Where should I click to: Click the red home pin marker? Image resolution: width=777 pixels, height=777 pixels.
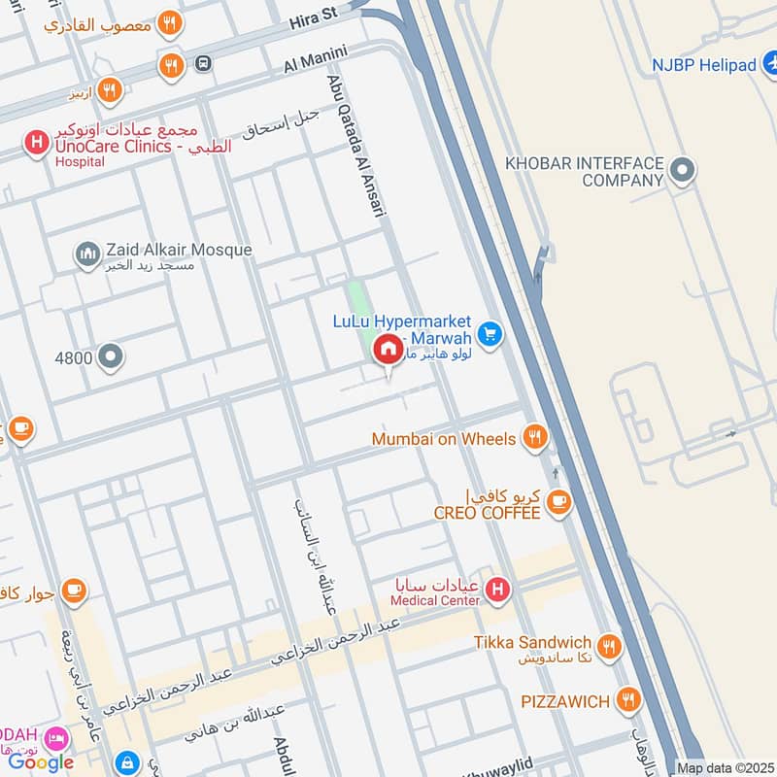click(x=388, y=350)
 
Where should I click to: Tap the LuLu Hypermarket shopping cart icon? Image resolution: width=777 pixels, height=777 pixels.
click(x=490, y=334)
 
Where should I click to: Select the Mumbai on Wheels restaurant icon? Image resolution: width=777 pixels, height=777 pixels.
click(x=533, y=438)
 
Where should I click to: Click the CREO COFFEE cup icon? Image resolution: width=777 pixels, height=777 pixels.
click(x=557, y=501)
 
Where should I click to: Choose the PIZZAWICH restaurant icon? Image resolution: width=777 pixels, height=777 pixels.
click(x=629, y=699)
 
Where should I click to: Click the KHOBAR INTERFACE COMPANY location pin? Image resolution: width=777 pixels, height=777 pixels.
click(x=683, y=171)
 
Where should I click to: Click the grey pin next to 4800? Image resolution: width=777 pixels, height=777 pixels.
click(x=111, y=357)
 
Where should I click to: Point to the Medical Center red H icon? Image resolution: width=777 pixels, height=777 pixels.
click(x=496, y=589)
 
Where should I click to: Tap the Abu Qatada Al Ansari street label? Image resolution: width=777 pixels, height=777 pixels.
click(x=355, y=146)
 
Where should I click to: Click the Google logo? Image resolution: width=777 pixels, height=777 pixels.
click(x=41, y=762)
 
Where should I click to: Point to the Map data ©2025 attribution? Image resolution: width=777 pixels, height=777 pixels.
click(x=725, y=768)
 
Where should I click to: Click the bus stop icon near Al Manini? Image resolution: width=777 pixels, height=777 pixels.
click(x=203, y=64)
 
